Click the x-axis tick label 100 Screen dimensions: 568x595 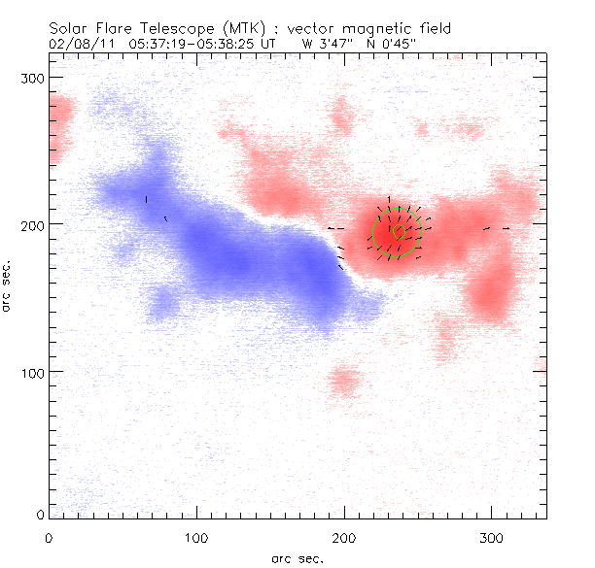[x=196, y=537]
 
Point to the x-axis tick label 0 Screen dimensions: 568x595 [x=49, y=537]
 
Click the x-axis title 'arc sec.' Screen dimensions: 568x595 [x=297, y=558]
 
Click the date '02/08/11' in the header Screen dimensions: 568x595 [x=80, y=44]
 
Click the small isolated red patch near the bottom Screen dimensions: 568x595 [x=343, y=381]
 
